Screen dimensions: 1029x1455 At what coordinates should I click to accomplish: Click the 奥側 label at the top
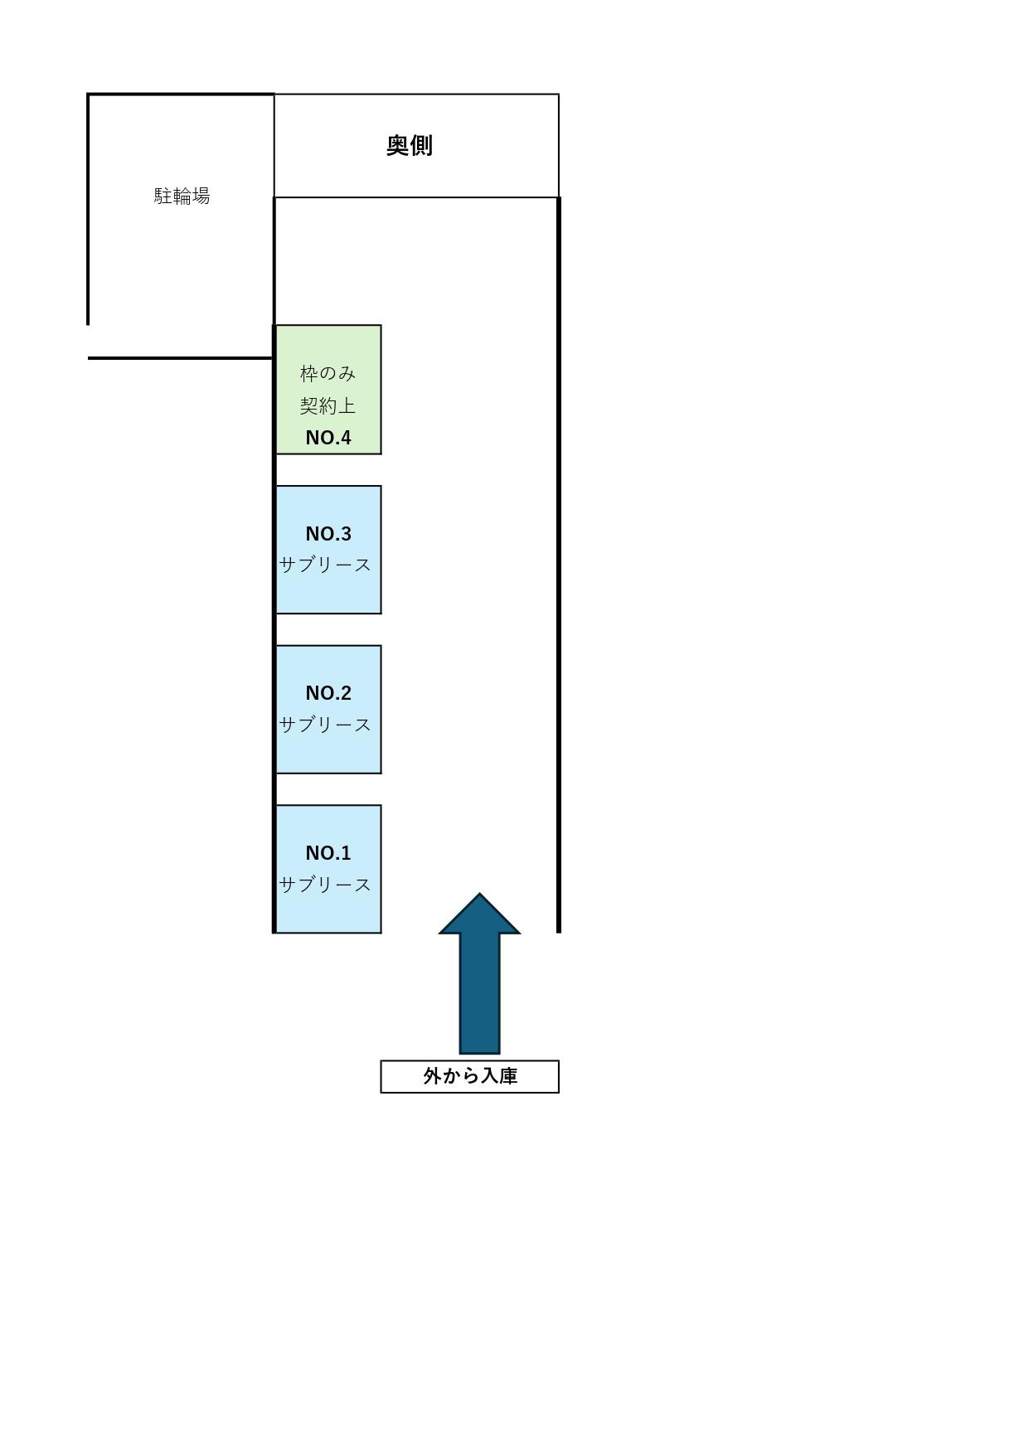(410, 145)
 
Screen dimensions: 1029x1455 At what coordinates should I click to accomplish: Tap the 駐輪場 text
(182, 196)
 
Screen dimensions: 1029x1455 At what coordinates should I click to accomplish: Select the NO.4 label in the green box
(328, 438)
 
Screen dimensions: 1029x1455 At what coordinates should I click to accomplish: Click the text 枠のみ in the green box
(328, 373)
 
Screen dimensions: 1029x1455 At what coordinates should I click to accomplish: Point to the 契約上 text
(328, 405)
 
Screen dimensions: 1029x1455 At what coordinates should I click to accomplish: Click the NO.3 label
(328, 533)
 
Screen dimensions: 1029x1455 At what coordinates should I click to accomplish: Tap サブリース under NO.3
(326, 565)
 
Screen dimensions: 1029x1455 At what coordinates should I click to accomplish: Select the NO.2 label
(328, 693)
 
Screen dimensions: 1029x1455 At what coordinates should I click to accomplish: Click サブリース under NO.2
(326, 725)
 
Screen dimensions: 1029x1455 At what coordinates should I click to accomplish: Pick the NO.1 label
(328, 853)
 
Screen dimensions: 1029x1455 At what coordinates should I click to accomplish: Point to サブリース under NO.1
(326, 885)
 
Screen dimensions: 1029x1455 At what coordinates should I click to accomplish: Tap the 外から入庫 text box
(469, 1076)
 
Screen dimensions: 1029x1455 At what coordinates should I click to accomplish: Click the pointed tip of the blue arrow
(479, 894)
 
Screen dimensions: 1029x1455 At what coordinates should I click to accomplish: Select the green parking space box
(328, 390)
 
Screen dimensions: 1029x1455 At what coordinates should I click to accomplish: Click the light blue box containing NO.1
(328, 869)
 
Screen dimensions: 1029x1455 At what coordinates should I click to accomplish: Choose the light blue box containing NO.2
(328, 710)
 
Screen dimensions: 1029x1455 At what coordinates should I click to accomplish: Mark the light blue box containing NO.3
(328, 550)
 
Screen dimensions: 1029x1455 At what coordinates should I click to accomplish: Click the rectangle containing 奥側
(416, 145)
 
